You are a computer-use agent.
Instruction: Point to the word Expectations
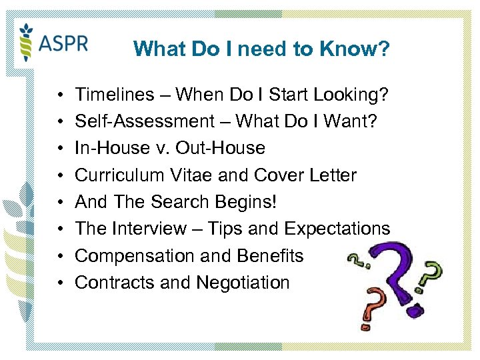(x=337, y=229)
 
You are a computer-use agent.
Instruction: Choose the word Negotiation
(x=243, y=283)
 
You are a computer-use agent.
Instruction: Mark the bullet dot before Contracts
(x=60, y=283)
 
